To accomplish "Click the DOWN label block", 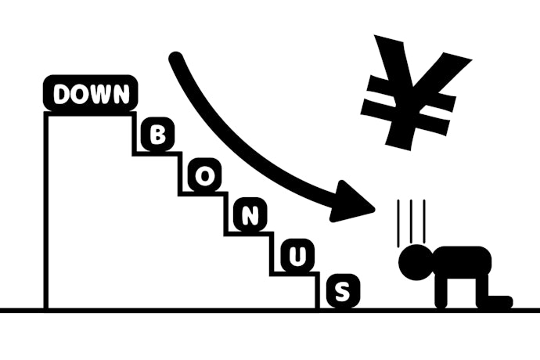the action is pyautogui.click(x=90, y=93).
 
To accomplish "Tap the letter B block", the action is pyautogui.click(x=158, y=134).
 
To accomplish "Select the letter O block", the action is pyautogui.click(x=204, y=175).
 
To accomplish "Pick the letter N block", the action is pyautogui.click(x=250, y=215).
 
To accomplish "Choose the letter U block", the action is pyautogui.click(x=297, y=255).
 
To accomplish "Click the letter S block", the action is pyautogui.click(x=343, y=291).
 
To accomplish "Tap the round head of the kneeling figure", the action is pyautogui.click(x=415, y=262).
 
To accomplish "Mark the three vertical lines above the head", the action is pyautogui.click(x=411, y=223).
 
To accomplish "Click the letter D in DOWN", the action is pyautogui.click(x=62, y=94).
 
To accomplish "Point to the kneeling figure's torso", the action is pyautogui.click(x=462, y=262).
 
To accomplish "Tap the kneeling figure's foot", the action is pyautogui.click(x=500, y=301).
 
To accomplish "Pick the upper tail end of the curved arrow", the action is pyautogui.click(x=175, y=58).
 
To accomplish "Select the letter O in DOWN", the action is pyautogui.click(x=79, y=94).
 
